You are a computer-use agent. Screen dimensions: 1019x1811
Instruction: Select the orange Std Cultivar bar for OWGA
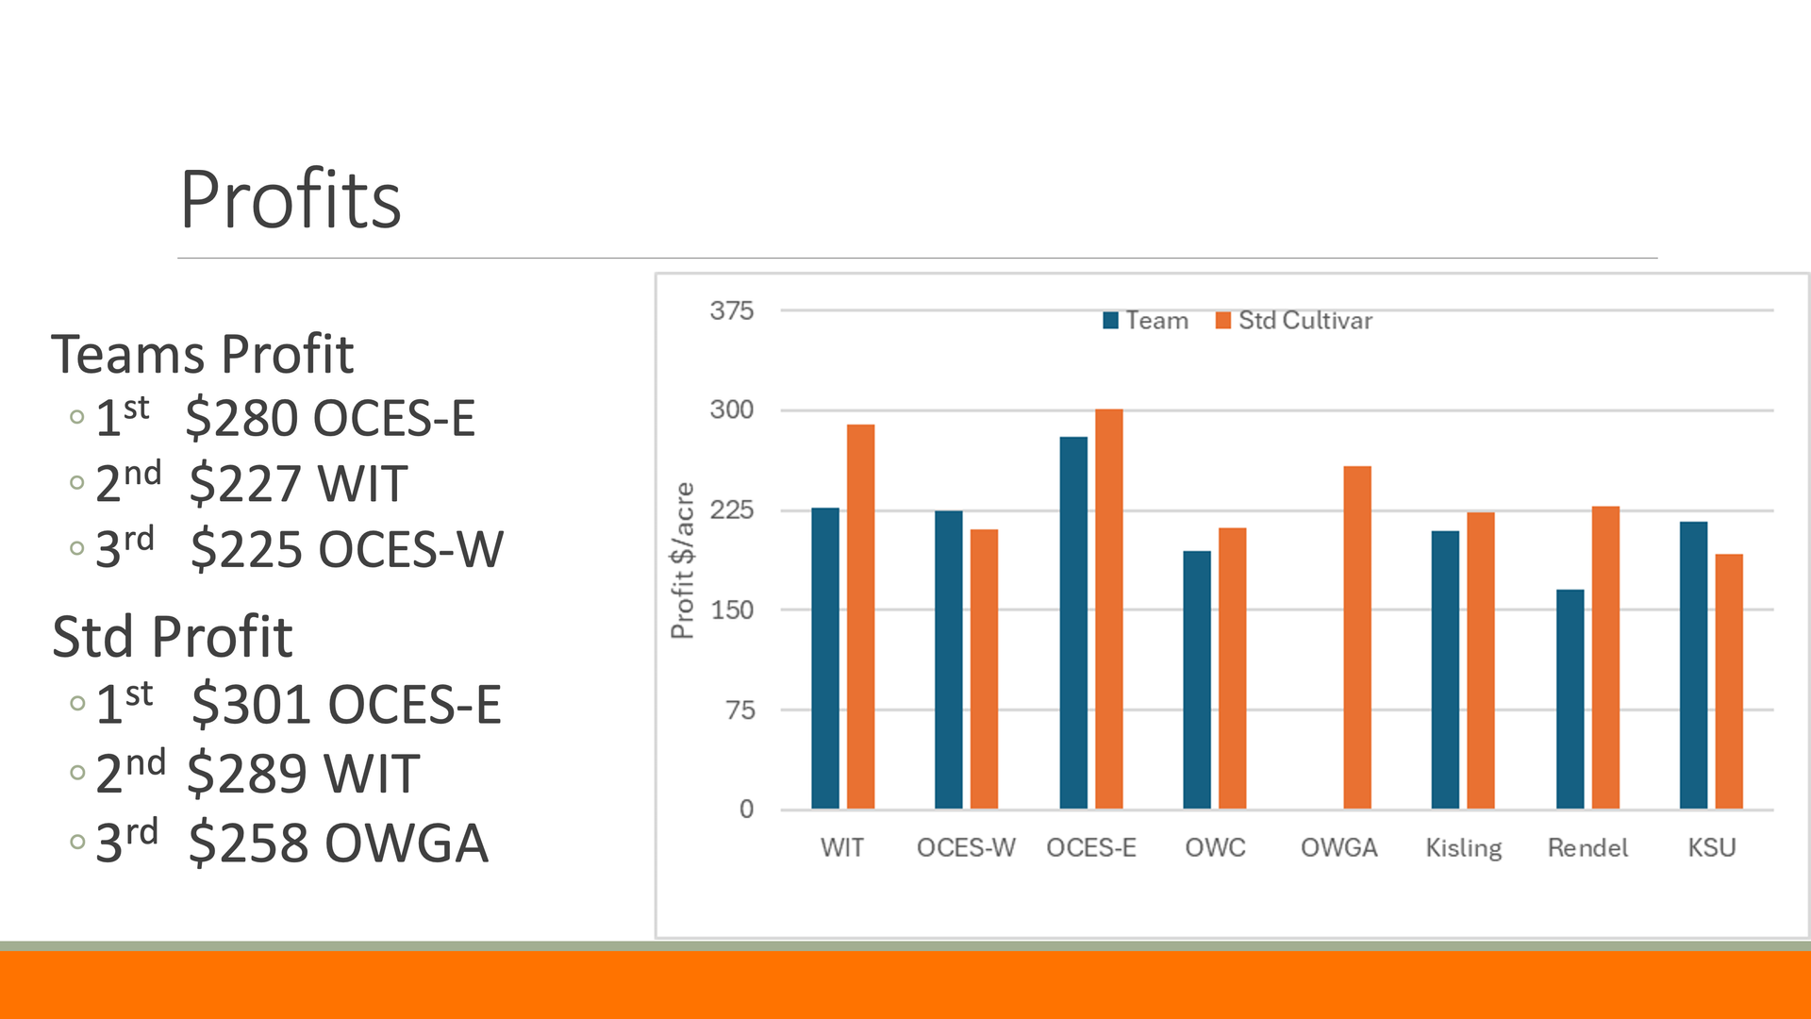click(1357, 638)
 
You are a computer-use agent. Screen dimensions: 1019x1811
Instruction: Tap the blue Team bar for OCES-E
click(1073, 623)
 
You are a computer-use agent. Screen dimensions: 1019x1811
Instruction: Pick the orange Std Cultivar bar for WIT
click(860, 617)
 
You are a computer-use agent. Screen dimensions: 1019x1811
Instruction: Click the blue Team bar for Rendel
click(1570, 699)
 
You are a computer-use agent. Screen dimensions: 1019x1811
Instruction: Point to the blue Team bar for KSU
click(1693, 665)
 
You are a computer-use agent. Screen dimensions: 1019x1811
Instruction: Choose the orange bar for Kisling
click(1481, 660)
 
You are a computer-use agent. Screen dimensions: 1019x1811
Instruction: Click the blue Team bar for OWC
click(1197, 679)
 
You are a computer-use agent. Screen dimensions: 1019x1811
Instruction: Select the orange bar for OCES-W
click(984, 669)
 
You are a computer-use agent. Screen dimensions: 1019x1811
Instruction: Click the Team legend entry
click(1146, 321)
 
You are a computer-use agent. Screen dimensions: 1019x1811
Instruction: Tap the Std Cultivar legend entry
click(1294, 321)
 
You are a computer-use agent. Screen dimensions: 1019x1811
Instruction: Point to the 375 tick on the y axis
click(732, 310)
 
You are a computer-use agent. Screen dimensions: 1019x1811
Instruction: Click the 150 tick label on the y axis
click(732, 610)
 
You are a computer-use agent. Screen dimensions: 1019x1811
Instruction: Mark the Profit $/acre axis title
click(682, 560)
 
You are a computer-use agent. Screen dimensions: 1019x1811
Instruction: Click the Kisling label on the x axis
click(1464, 847)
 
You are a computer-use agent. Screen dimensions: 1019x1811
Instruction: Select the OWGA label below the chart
click(1338, 847)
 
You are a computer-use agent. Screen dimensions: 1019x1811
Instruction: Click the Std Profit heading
click(173, 637)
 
